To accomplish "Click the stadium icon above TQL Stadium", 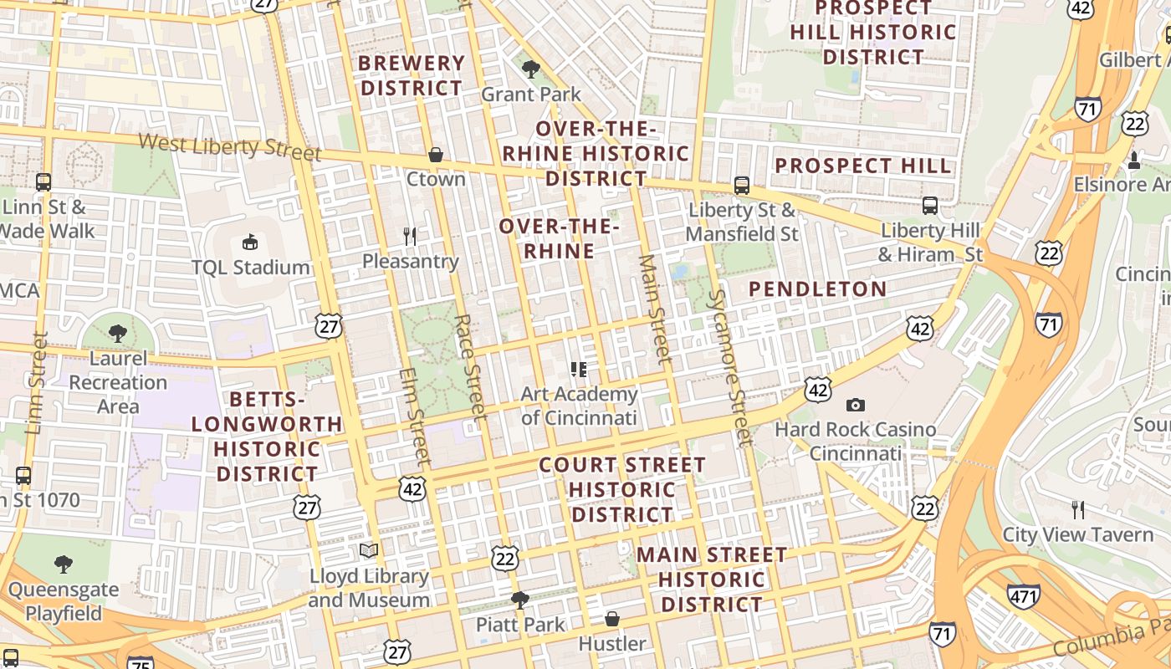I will (249, 243).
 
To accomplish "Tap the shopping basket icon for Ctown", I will (435, 155).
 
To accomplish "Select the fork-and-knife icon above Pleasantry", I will (410, 237).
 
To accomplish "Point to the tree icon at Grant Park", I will (530, 69).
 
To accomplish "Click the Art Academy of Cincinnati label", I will (579, 406).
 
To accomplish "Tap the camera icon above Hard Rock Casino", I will (855, 406).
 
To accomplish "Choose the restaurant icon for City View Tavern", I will (1078, 509).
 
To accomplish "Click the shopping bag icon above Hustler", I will (612, 619).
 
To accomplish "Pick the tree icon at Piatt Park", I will (520, 600).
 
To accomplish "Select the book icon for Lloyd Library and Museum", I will (369, 551).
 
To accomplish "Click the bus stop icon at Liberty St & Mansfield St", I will (741, 186).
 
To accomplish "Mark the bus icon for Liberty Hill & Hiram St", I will (929, 206).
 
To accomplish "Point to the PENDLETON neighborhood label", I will (817, 289).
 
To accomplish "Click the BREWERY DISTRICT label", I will (411, 75).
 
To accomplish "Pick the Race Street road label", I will (470, 366).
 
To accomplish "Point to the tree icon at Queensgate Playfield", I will (64, 564).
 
